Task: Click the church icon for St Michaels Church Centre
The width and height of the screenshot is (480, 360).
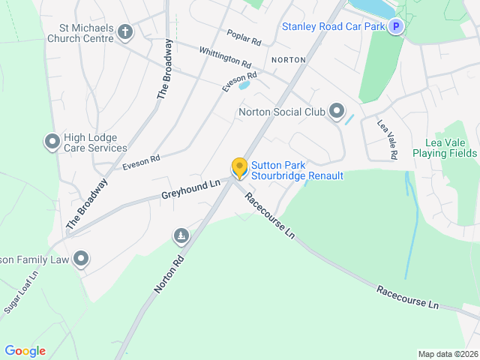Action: [125, 32]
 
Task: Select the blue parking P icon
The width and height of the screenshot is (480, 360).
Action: [395, 27]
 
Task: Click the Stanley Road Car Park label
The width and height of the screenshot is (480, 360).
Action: [333, 27]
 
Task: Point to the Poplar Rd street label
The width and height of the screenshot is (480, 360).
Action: [244, 37]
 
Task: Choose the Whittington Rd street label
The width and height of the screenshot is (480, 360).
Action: [225, 56]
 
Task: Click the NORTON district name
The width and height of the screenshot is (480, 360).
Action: [289, 59]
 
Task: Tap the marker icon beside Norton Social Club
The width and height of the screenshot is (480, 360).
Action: [337, 112]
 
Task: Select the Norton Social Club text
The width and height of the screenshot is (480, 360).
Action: [281, 112]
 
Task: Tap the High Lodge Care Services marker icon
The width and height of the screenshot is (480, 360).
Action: [52, 142]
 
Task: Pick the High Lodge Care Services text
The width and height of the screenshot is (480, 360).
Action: [95, 142]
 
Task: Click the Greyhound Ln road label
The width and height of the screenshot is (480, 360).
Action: [191, 189]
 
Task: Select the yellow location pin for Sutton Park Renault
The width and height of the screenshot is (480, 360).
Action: [239, 168]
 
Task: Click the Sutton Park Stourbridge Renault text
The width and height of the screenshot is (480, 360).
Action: [297, 170]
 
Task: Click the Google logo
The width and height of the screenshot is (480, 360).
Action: [25, 350]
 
